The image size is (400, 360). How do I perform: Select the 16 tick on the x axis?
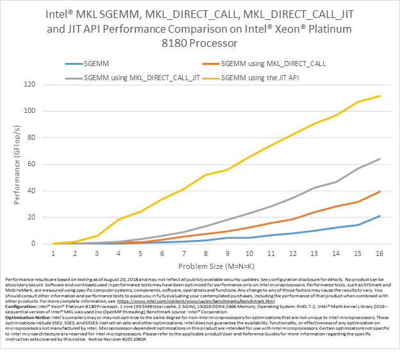point(379,253)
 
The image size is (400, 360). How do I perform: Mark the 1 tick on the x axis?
point(54,253)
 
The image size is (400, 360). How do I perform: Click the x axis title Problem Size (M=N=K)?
point(217,264)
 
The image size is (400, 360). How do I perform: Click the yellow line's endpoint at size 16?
point(379,96)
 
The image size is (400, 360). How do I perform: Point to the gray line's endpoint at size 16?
point(379,159)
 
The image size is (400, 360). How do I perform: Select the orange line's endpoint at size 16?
point(379,191)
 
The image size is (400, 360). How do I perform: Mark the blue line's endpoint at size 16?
point(379,216)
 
